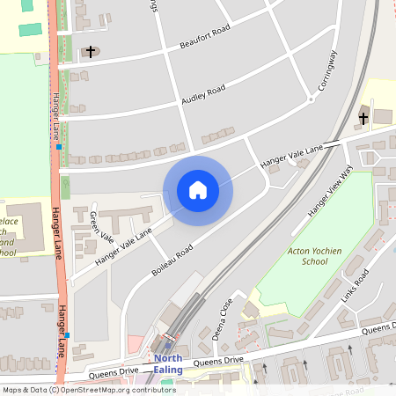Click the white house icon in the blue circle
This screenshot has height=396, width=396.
(198, 190)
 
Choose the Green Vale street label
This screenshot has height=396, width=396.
(101, 226)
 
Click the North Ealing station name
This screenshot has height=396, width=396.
(167, 363)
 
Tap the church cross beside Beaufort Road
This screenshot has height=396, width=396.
(90, 52)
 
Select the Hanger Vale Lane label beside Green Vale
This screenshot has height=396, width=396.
(123, 246)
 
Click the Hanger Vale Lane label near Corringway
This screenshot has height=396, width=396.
(291, 155)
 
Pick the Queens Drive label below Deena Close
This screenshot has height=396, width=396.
(217, 361)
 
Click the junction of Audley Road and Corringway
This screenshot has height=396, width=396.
(311, 99)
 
